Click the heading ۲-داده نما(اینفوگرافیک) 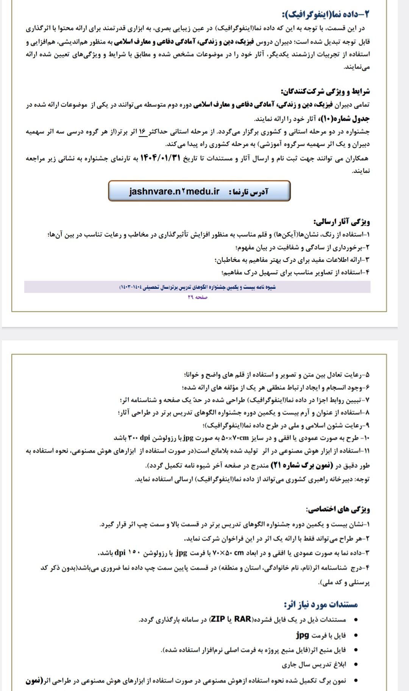tap(325, 14)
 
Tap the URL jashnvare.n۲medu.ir tap(174, 191)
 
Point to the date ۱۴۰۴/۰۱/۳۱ tap(159, 158)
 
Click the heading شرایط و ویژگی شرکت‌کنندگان tap(325, 91)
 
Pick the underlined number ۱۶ tap(142, 132)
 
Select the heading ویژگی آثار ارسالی tap(342, 221)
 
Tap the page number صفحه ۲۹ tap(197, 297)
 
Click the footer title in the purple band tap(197, 287)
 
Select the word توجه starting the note tap(362, 479)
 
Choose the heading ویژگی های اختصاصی tap(338, 509)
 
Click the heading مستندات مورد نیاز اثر tap(321, 604)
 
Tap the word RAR tap(243, 619)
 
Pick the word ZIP tap(218, 619)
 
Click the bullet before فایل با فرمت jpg tap(355, 635)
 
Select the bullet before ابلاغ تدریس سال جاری tap(355, 665)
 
